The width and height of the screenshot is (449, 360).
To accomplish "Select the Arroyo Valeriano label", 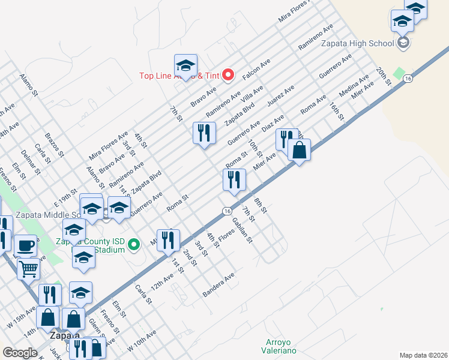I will [x=280, y=346].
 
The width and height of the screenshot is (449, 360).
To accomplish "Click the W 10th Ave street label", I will [x=142, y=340].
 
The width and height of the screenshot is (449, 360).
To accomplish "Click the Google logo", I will [x=20, y=353].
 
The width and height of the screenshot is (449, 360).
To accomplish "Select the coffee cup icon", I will [x=25, y=245].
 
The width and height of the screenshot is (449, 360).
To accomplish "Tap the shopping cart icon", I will [x=28, y=269].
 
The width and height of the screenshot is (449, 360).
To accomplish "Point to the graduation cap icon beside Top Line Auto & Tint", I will [x=185, y=65].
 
